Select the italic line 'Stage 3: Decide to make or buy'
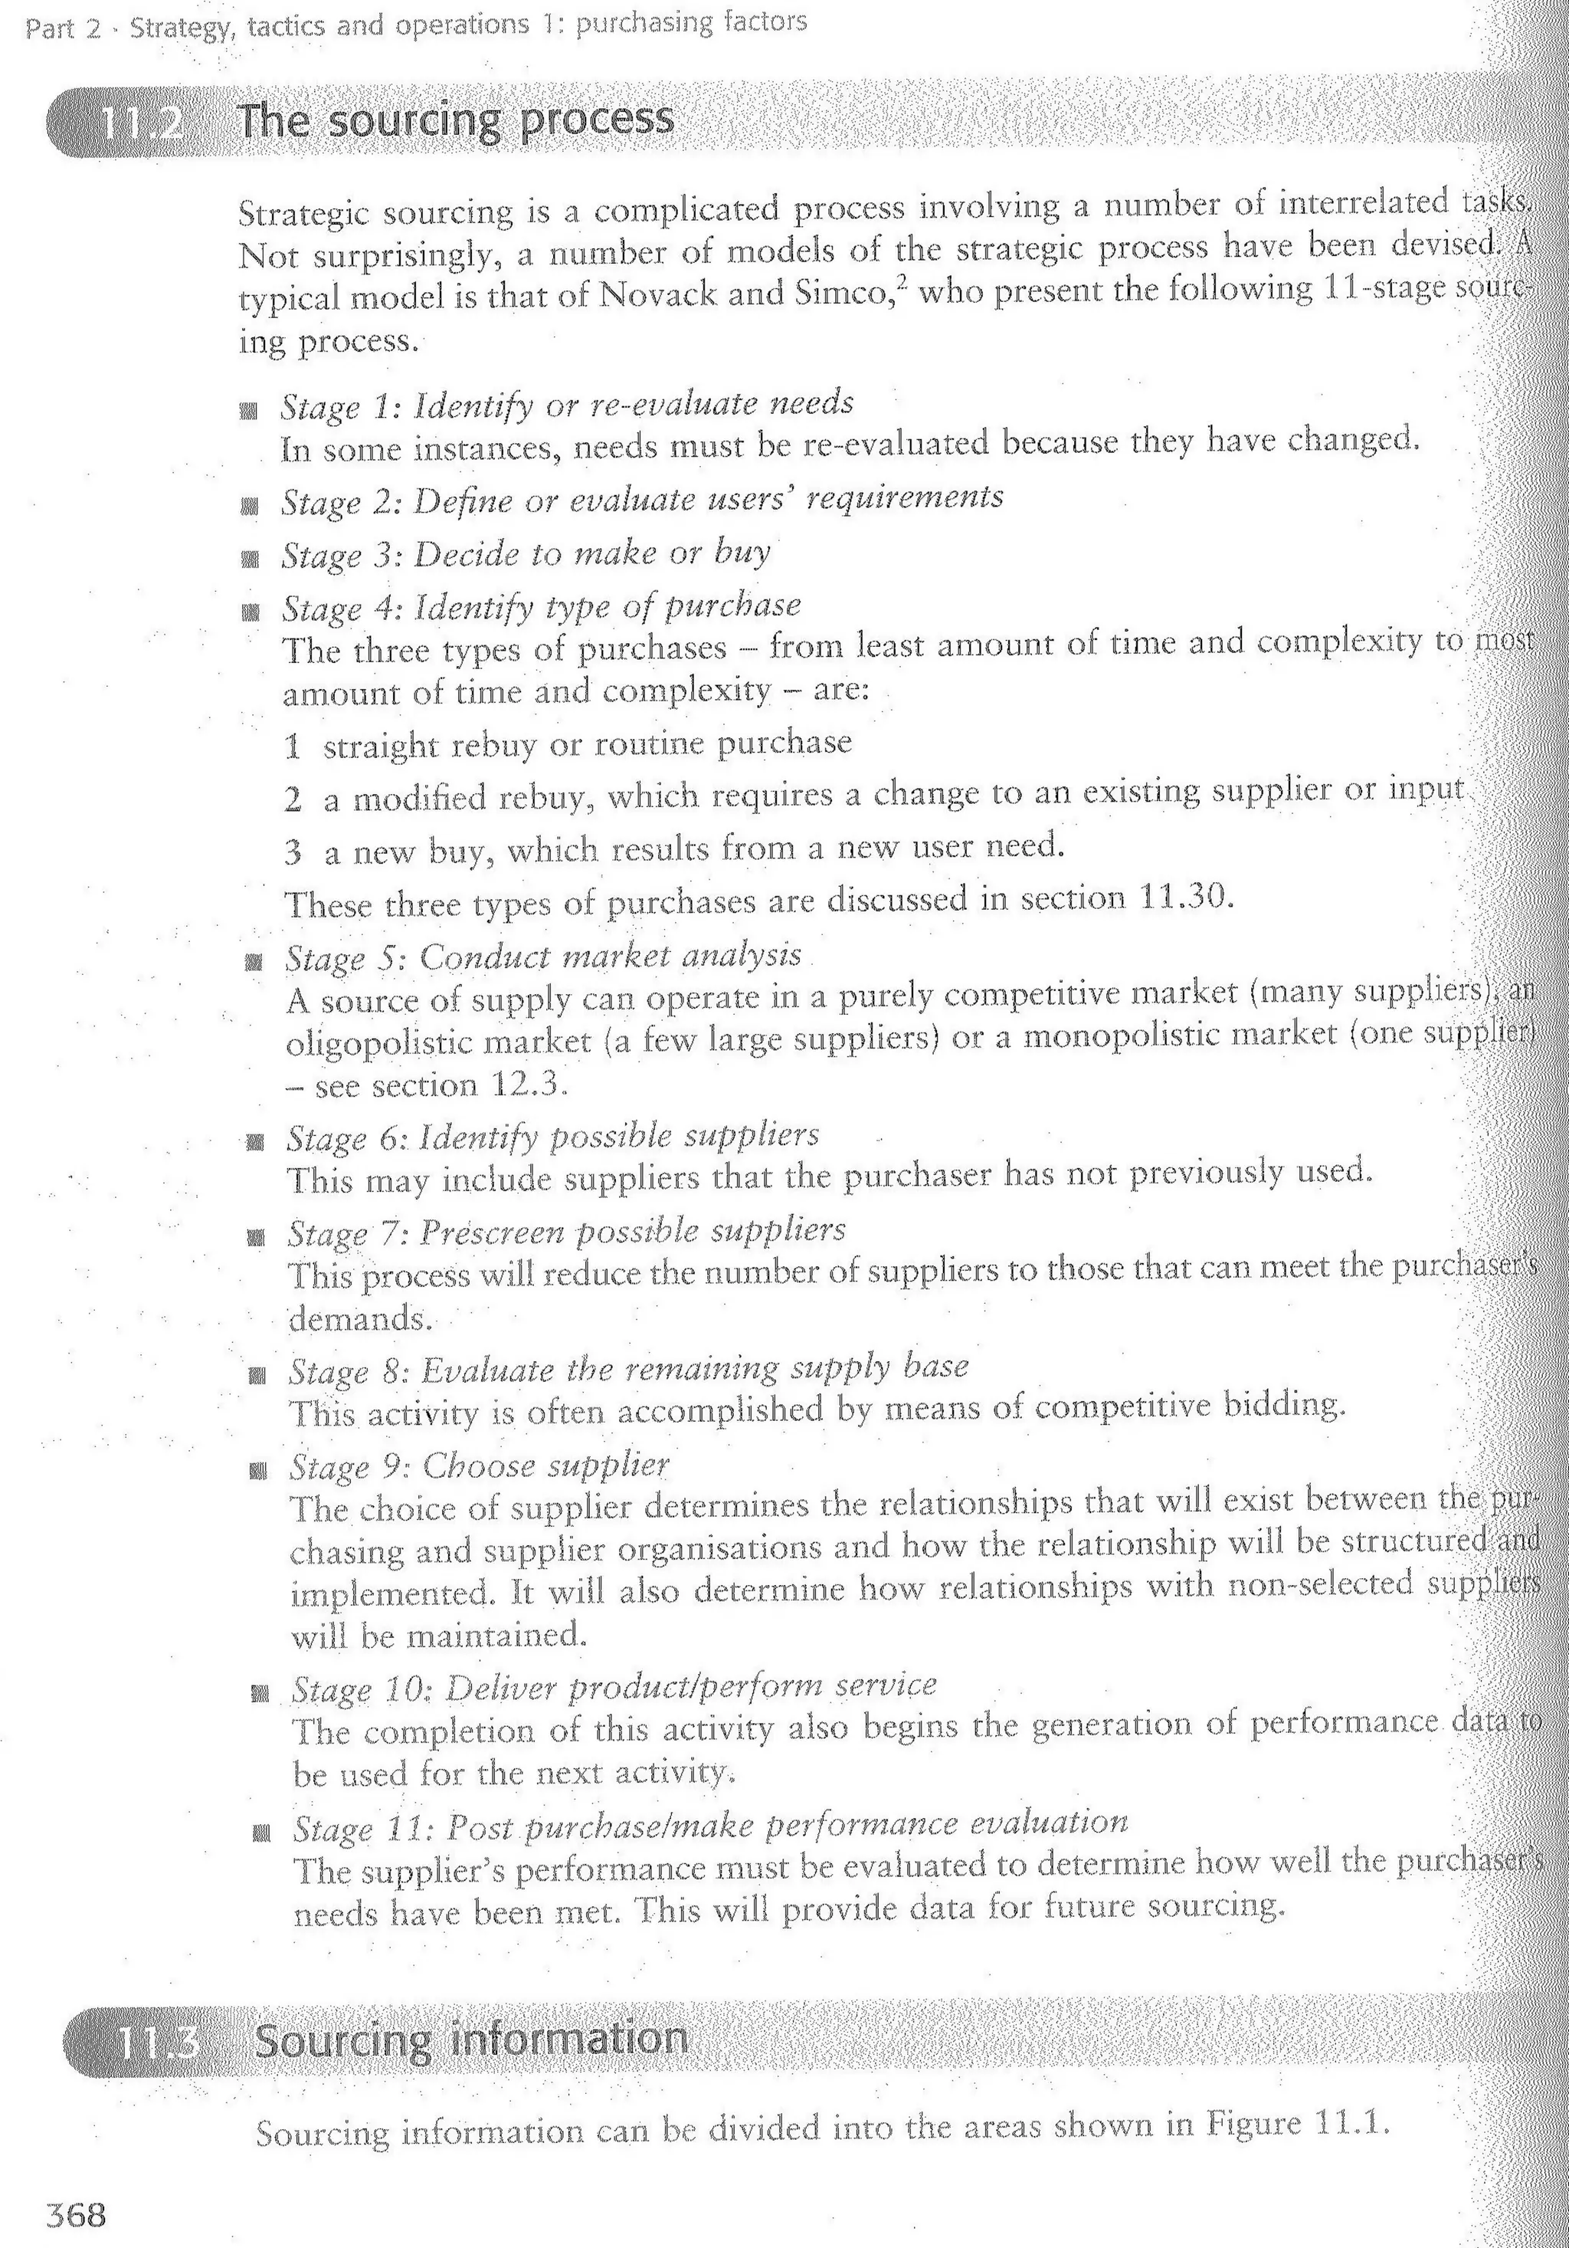pyautogui.click(x=526, y=554)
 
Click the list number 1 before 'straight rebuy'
pyautogui.click(x=292, y=747)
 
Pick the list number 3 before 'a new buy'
pyautogui.click(x=293, y=852)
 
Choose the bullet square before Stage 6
pyautogui.click(x=255, y=1141)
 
